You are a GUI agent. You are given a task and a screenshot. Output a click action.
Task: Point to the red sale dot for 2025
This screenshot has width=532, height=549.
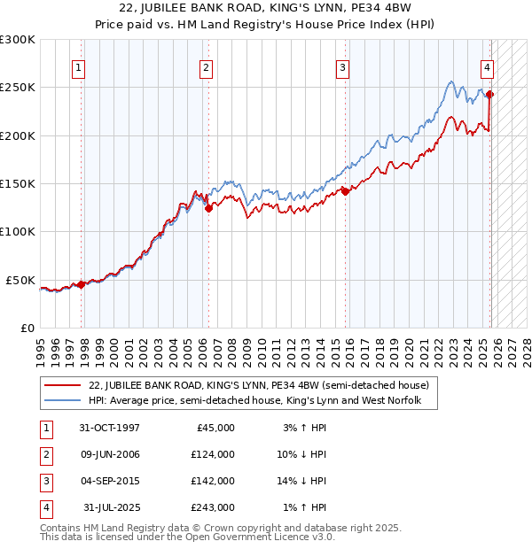[x=490, y=94]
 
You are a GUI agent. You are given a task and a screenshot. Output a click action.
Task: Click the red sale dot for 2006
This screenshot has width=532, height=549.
[x=208, y=209]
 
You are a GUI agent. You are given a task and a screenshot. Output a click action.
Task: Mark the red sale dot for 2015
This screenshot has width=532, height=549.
[x=345, y=191]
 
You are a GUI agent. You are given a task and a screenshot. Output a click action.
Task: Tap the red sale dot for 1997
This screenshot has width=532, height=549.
[x=82, y=284]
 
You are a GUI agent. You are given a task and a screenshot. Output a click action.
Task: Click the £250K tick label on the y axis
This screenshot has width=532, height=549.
[x=18, y=88]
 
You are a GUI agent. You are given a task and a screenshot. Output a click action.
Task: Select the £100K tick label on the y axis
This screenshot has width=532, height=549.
[x=18, y=231]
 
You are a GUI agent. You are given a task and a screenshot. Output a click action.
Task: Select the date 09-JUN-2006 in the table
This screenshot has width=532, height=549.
[x=109, y=454]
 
